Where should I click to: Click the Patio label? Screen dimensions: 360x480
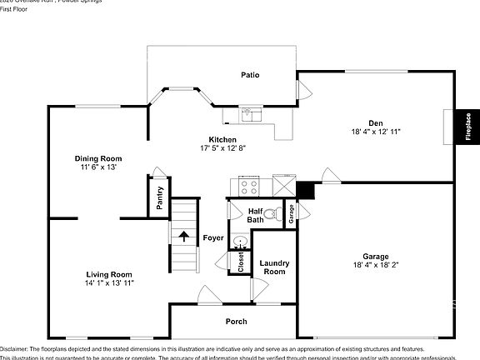[250, 75]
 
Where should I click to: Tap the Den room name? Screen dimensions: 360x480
[377, 122]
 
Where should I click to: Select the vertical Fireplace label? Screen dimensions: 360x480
[468, 127]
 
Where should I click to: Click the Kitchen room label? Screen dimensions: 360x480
[222, 139]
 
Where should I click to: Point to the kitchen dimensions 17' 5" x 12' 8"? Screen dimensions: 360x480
[222, 148]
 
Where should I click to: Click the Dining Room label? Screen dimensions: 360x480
[98, 158]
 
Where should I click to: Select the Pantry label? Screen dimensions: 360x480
[159, 198]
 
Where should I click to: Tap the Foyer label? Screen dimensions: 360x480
[213, 238]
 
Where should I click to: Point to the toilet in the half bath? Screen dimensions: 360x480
[277, 213]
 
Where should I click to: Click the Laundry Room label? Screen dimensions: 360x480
[274, 267]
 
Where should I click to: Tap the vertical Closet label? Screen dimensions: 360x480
[241, 262]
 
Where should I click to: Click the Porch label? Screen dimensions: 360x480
[237, 322]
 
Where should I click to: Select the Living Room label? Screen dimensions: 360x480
[110, 274]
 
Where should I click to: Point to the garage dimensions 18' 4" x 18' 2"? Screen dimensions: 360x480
[376, 264]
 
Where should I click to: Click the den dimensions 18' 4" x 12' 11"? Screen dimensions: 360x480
[377, 132]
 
